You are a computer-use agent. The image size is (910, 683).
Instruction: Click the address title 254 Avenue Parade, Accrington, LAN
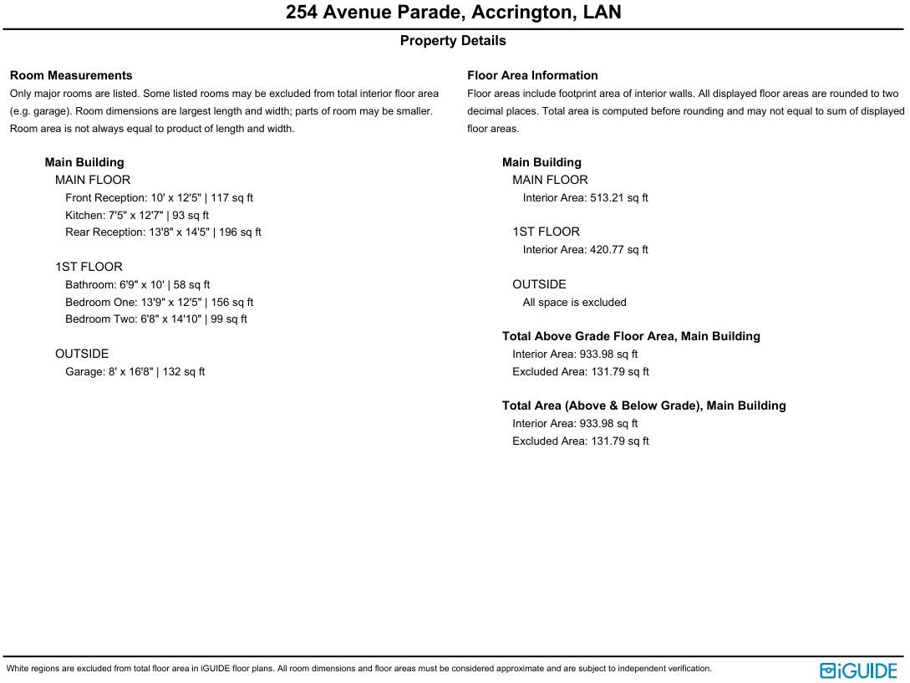pyautogui.click(x=454, y=13)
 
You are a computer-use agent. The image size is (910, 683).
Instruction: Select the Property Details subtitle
pyautogui.click(x=453, y=41)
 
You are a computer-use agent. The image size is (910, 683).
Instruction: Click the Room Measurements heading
pyautogui.click(x=71, y=75)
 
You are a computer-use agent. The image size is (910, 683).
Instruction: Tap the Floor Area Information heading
pyautogui.click(x=532, y=75)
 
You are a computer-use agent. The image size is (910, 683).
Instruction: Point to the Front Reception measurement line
pyautogui.click(x=159, y=198)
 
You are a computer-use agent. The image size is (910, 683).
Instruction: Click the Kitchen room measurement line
pyautogui.click(x=137, y=216)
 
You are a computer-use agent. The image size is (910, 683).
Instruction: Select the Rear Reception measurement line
pyautogui.click(x=163, y=232)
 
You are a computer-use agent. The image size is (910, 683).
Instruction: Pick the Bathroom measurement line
pyautogui.click(x=137, y=285)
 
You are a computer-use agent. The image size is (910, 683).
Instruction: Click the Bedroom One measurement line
pyautogui.click(x=159, y=303)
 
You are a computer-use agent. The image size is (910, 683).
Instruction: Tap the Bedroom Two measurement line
pyautogui.click(x=156, y=319)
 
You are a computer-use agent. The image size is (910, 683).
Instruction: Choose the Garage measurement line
pyautogui.click(x=135, y=372)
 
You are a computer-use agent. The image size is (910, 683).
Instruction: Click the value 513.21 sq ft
pyautogui.click(x=618, y=198)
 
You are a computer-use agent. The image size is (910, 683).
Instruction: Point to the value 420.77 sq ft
pyautogui.click(x=618, y=250)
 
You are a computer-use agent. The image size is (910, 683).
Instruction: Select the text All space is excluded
pyautogui.click(x=574, y=303)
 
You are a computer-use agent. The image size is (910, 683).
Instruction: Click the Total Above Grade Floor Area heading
pyautogui.click(x=631, y=336)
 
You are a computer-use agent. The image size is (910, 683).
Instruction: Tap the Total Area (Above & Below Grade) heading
pyautogui.click(x=643, y=405)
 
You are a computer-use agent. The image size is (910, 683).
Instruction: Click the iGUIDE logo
pyautogui.click(x=858, y=670)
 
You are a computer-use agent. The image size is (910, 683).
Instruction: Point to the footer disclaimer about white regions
pyautogui.click(x=359, y=669)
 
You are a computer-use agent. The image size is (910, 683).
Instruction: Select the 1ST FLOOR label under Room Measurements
pyautogui.click(x=89, y=267)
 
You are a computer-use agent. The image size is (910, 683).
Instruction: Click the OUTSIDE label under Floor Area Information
pyautogui.click(x=539, y=284)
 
